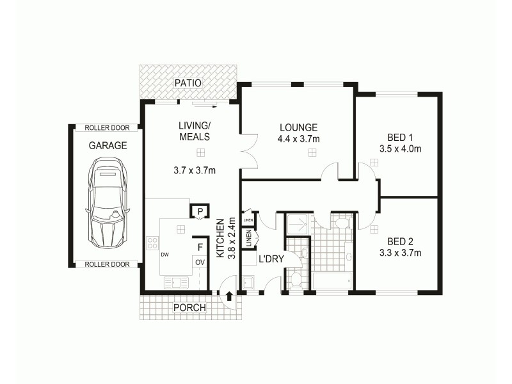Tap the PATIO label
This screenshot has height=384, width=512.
[x=189, y=83]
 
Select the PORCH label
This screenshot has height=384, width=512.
[x=190, y=308]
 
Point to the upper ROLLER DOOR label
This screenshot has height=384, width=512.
[x=107, y=128]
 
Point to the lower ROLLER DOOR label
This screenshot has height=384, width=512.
[x=107, y=264]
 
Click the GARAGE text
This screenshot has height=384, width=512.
[x=108, y=145]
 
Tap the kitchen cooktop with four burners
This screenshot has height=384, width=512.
[x=153, y=243]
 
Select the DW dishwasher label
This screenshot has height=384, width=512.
[x=165, y=254]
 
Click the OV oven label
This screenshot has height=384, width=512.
[x=200, y=262]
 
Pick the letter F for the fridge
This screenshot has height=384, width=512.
[x=200, y=246]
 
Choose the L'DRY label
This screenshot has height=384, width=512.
[x=267, y=259]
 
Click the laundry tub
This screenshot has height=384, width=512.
[x=248, y=283]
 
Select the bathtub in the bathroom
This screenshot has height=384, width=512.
[x=332, y=281]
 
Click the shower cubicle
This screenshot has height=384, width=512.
[x=296, y=223]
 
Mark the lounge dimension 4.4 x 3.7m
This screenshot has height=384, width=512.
[x=298, y=138]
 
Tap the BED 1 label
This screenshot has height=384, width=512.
[x=401, y=137]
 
